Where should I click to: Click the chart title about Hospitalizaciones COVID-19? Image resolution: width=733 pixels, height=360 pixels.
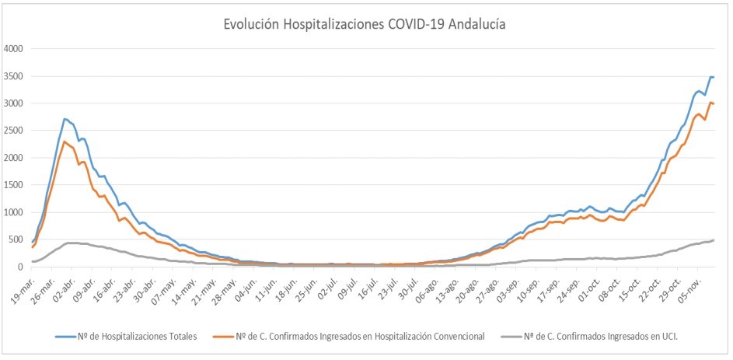click(x=365, y=24)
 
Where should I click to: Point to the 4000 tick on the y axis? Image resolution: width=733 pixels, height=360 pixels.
click(x=15, y=48)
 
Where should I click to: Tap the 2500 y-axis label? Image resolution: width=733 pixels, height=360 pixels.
click(x=15, y=131)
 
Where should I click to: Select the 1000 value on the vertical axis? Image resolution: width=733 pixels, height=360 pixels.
click(x=15, y=212)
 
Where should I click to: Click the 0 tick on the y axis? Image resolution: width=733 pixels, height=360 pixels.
click(x=23, y=267)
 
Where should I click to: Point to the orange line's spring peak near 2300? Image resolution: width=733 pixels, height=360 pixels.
click(x=65, y=142)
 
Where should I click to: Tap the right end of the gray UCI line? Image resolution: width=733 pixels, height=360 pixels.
click(x=714, y=240)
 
